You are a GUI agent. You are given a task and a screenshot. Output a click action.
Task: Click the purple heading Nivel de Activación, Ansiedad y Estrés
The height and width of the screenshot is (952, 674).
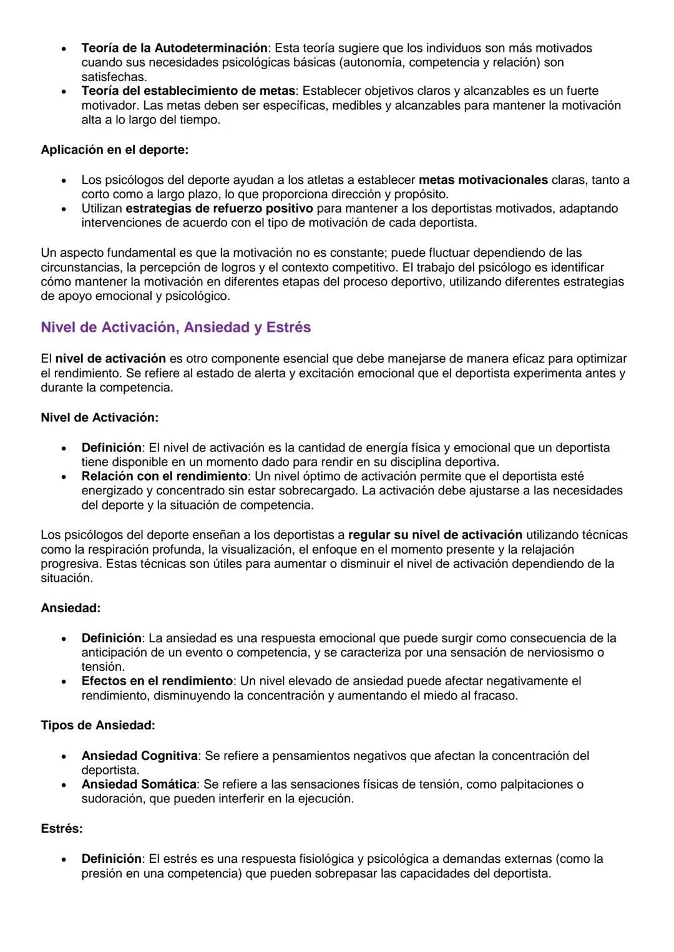175,327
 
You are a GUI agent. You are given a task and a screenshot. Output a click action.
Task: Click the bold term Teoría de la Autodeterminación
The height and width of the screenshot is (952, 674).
174,48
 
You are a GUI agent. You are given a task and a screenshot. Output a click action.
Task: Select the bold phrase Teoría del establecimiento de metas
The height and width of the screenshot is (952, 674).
188,91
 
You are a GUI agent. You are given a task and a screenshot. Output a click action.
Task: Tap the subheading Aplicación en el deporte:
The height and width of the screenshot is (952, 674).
114,150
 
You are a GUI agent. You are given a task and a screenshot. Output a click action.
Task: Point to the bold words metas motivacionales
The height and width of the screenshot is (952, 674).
483,180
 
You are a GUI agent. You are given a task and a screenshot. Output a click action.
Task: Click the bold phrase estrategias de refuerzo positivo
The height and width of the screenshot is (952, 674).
219,208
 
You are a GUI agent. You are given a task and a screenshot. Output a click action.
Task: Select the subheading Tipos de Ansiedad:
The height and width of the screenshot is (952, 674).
98,725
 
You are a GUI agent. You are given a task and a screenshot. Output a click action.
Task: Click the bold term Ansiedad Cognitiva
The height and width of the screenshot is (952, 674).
139,756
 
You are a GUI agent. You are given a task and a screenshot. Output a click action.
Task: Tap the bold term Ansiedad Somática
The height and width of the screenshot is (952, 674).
139,784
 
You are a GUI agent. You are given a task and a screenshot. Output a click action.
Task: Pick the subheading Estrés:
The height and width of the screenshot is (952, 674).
62,829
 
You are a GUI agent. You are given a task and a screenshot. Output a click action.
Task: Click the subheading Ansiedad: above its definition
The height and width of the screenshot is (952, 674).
71,607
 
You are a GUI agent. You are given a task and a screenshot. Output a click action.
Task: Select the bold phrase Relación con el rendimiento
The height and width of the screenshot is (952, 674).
164,476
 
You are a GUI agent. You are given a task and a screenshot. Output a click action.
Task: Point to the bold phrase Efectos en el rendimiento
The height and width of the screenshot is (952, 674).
157,681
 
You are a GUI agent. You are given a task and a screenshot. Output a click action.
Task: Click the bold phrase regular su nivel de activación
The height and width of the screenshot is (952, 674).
435,535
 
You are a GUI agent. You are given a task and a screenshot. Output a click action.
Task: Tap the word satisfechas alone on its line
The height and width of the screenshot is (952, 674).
114,77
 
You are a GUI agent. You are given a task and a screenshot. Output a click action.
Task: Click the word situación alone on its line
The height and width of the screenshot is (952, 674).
66,578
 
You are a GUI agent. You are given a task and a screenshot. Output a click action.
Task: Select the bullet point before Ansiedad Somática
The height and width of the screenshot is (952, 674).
64,785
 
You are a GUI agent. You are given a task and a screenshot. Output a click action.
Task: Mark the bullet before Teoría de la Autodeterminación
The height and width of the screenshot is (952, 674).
64,49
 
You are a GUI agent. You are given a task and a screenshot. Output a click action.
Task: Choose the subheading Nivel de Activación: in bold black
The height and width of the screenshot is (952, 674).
99,417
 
